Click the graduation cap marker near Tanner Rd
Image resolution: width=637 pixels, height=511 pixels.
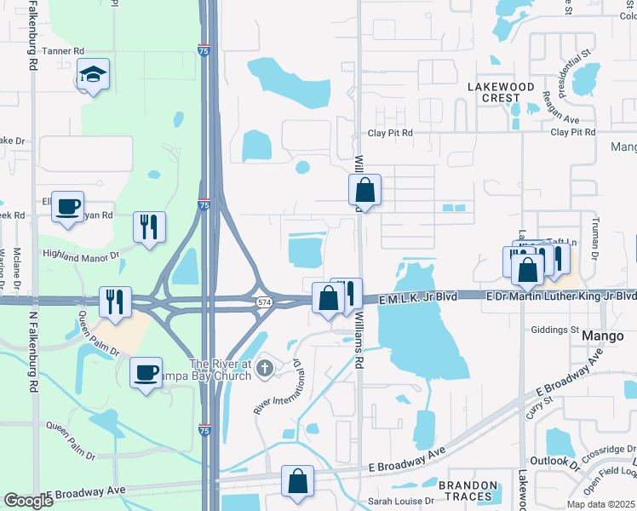tap(92, 76)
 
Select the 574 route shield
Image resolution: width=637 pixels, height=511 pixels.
tap(264, 303)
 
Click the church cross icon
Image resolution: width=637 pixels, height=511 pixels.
tap(265, 368)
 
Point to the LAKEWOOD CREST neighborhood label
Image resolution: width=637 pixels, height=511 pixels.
tap(501, 92)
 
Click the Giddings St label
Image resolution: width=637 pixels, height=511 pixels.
tap(554, 330)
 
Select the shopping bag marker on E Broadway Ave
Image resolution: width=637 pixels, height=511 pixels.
tap(298, 481)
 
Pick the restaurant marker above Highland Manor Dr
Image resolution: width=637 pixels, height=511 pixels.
tap(149, 227)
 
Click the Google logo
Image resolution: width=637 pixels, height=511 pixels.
tap(28, 501)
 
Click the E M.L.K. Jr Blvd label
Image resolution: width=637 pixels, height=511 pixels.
tap(419, 296)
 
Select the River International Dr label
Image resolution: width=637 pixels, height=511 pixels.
tap(280, 386)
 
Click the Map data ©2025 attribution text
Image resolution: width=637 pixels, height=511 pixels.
tap(600, 504)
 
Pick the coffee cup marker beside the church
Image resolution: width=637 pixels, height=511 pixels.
tap(145, 372)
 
